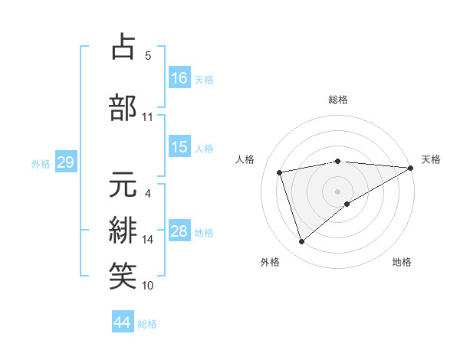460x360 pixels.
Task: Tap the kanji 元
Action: (x=123, y=185)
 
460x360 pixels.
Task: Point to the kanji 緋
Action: (x=123, y=230)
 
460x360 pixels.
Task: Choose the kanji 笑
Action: (x=123, y=275)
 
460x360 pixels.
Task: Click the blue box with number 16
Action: (x=179, y=78)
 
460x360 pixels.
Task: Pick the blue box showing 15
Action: (x=179, y=148)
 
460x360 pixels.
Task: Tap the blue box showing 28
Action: (x=179, y=231)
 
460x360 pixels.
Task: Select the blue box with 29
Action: (x=65, y=162)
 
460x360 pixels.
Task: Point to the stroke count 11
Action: (x=147, y=117)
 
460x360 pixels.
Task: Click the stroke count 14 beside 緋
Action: (x=148, y=240)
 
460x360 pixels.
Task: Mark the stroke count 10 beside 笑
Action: (x=148, y=286)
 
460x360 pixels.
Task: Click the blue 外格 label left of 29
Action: (x=41, y=163)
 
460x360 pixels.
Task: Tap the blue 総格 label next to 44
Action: (x=147, y=323)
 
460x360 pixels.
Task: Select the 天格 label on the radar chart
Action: (x=431, y=159)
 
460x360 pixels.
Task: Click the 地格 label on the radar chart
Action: (x=402, y=262)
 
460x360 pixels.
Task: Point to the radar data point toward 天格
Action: (x=411, y=169)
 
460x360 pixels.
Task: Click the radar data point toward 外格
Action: (x=301, y=242)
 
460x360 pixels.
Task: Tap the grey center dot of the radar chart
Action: (x=337, y=191)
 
